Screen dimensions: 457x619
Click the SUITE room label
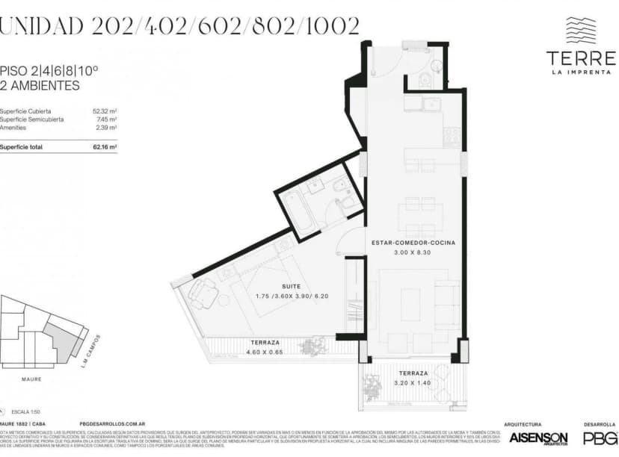(x=291, y=286)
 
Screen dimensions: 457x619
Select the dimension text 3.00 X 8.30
(x=413, y=253)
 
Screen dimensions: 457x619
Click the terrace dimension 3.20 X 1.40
(x=413, y=382)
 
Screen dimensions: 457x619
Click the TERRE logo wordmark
(x=580, y=57)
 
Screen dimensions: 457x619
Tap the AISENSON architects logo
(x=538, y=438)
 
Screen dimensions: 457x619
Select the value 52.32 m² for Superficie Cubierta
(x=105, y=111)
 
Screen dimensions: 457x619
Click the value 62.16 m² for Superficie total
(x=105, y=147)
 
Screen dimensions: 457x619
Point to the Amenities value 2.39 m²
(x=107, y=128)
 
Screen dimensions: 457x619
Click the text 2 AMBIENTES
(x=40, y=86)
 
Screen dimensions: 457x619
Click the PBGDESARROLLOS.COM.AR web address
(x=111, y=423)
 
